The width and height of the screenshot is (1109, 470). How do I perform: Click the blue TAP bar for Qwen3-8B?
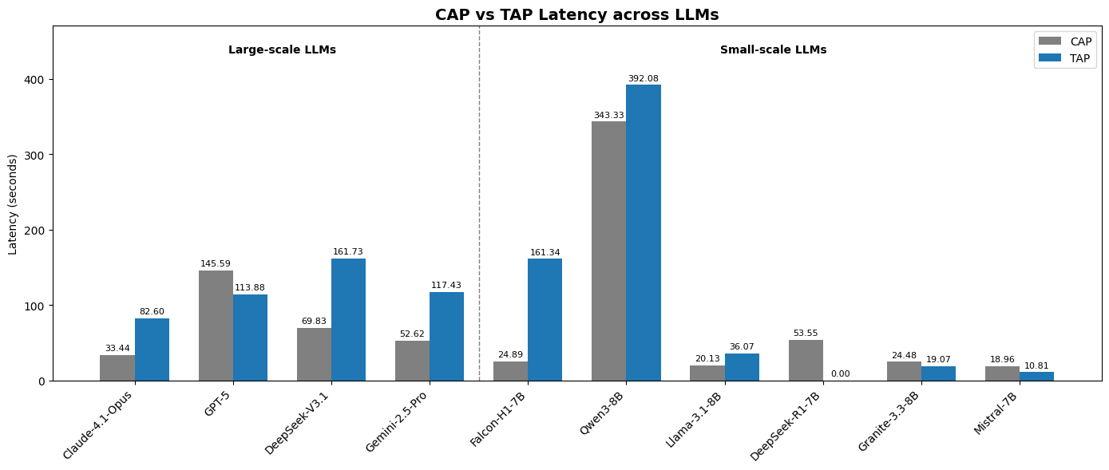(x=643, y=232)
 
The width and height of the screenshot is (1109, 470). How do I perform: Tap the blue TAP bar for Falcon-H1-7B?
(x=545, y=319)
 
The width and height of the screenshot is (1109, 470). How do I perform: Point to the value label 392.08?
(x=643, y=78)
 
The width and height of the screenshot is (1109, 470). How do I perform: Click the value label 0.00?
(x=840, y=373)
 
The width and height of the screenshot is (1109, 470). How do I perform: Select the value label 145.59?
(x=216, y=263)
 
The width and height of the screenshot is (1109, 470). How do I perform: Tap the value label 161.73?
(x=348, y=251)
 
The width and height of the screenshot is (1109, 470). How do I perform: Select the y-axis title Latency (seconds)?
(x=13, y=203)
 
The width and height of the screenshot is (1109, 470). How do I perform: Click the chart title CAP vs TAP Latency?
(x=576, y=14)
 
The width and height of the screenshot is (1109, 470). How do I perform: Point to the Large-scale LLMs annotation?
(x=282, y=49)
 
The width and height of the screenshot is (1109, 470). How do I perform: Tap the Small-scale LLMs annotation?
(x=773, y=49)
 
